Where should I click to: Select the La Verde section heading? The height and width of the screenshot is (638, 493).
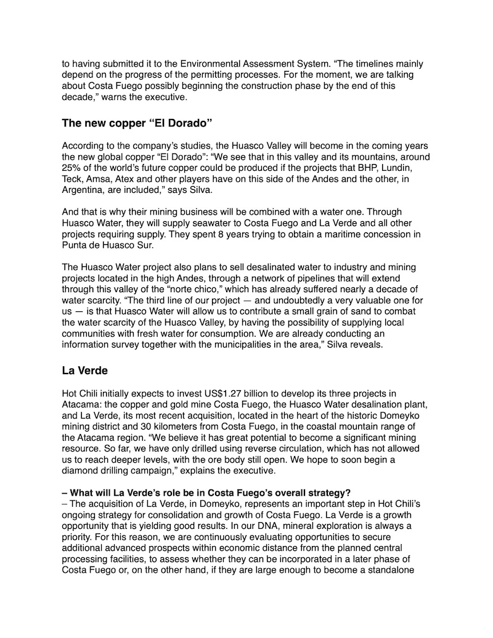pyautogui.click(x=86, y=370)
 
